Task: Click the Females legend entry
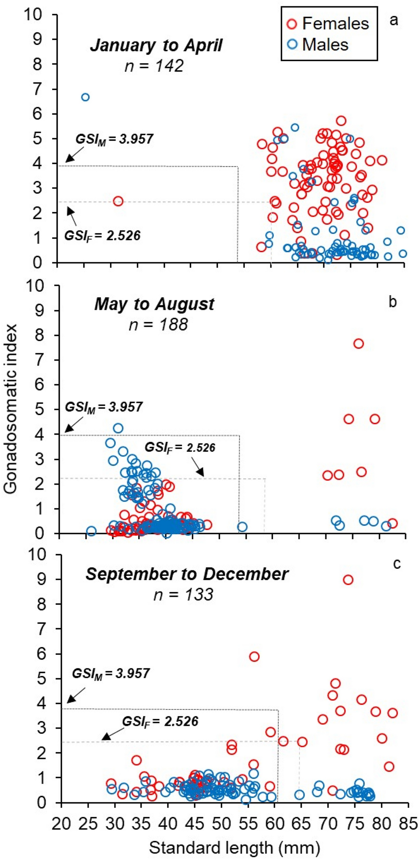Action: click(x=328, y=24)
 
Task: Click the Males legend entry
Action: click(x=319, y=45)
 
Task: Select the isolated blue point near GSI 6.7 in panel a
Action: click(x=85, y=97)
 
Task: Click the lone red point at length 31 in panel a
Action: click(x=118, y=201)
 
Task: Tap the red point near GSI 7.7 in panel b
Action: click(x=358, y=343)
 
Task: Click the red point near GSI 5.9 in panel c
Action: click(x=254, y=656)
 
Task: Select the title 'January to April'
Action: click(x=156, y=46)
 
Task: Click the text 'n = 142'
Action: click(x=154, y=66)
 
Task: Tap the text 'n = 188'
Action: click(x=158, y=324)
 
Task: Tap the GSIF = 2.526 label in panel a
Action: click(x=102, y=236)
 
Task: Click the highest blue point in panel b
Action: click(x=118, y=428)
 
